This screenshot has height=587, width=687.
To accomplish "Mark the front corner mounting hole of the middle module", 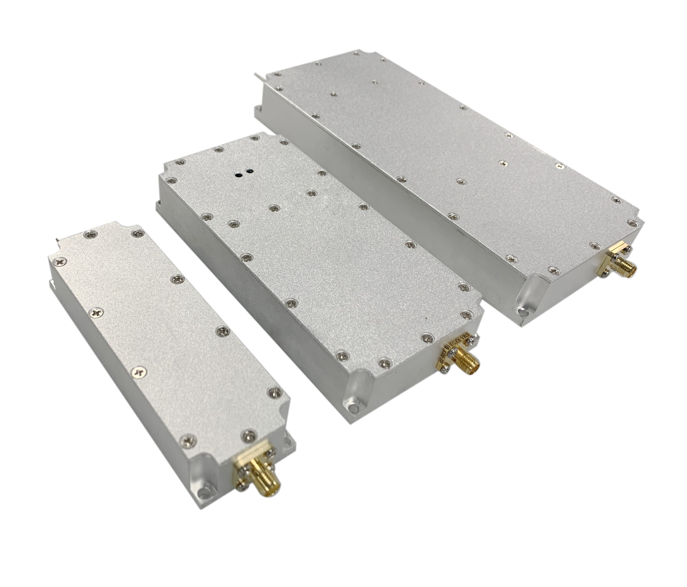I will [x=353, y=408].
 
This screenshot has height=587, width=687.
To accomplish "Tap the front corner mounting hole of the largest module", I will [x=522, y=311].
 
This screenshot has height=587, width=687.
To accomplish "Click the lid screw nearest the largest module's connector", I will [x=594, y=245].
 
